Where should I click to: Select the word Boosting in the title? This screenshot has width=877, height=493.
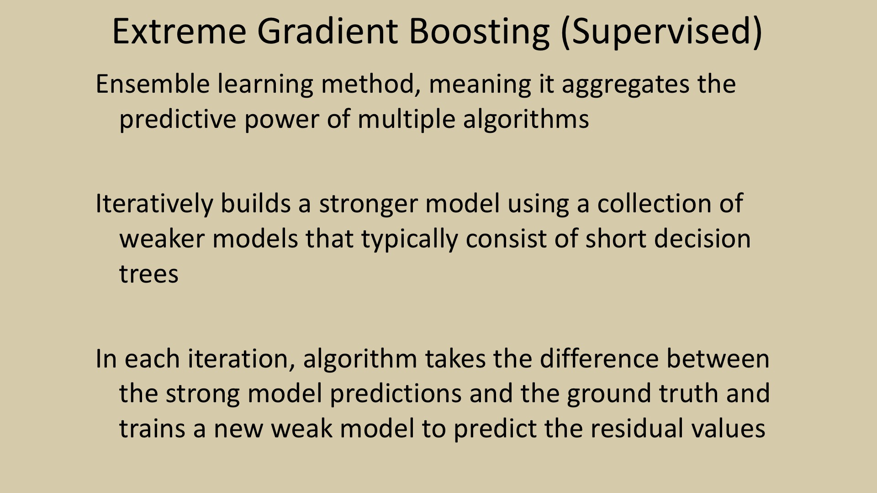point(479,33)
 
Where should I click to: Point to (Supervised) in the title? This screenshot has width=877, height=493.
point(661,33)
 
